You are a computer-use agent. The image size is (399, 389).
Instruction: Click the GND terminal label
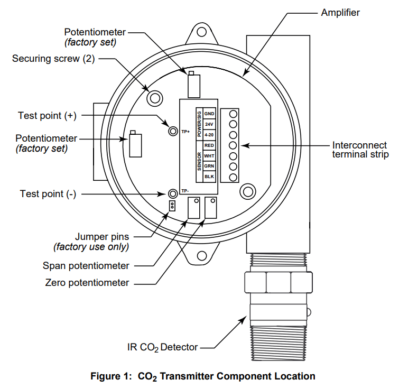[x=209, y=114]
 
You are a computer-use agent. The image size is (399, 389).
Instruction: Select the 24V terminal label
[x=209, y=124]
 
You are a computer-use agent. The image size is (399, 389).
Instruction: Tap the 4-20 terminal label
[x=209, y=134]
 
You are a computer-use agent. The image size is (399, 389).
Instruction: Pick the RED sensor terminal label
[x=209, y=145]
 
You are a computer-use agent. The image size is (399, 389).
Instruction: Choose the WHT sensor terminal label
[x=209, y=155]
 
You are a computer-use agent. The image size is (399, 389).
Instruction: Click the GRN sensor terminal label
[x=209, y=166]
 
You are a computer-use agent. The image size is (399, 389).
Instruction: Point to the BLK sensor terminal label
[x=209, y=177]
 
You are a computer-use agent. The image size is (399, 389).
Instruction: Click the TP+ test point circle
[x=172, y=131]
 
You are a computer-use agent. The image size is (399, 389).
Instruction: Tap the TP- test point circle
[x=172, y=193]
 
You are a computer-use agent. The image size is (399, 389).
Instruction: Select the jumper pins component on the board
[x=171, y=205]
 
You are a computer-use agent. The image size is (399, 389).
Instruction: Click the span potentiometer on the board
[x=194, y=207]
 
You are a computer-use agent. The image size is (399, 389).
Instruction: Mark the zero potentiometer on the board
[x=211, y=207]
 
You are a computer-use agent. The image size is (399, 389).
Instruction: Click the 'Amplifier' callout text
[x=340, y=12]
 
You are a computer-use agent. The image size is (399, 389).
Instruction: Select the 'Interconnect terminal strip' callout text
[x=359, y=150]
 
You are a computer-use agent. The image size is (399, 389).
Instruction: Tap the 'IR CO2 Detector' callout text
[x=162, y=347]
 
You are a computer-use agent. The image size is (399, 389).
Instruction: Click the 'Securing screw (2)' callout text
[x=53, y=58]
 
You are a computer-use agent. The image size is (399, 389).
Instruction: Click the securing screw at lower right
[x=247, y=191]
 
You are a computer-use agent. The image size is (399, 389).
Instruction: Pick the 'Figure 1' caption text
[x=203, y=376]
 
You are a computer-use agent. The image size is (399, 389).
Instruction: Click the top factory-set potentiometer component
[x=194, y=85]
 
